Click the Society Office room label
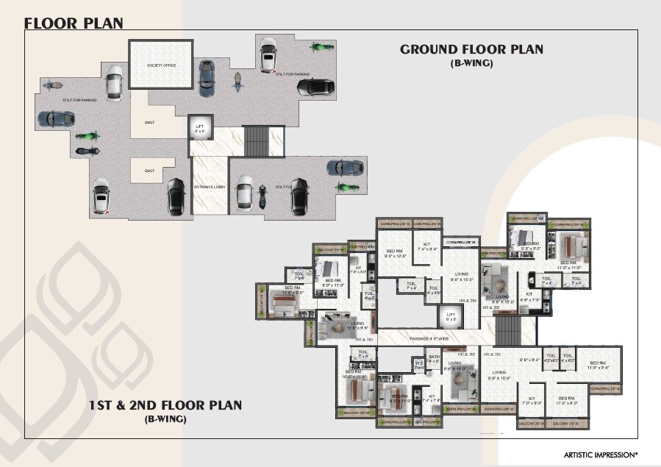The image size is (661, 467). point(160,65)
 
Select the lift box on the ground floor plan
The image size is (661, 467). point(199,129)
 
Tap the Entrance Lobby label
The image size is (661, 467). point(209,188)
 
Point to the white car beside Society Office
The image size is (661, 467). point(114,82)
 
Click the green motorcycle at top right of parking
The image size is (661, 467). point(318,48)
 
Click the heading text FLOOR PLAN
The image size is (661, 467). point(74,22)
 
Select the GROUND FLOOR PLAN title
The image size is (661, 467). point(471,49)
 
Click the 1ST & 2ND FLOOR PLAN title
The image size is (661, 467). point(165,405)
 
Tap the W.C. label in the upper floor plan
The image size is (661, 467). point(418,363)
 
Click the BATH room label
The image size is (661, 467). point(434,358)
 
